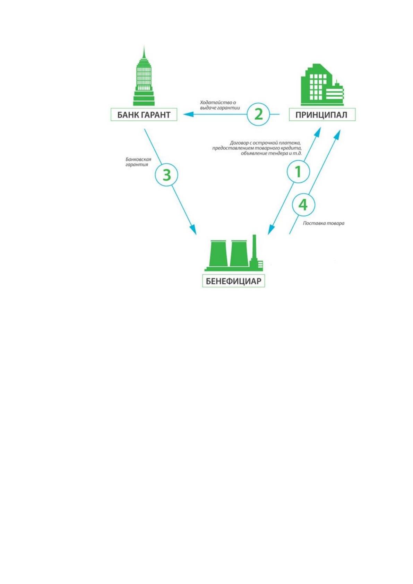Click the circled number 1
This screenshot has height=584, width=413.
[x=298, y=172]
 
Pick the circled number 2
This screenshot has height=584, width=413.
[x=258, y=114]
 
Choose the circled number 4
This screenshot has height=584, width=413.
[x=303, y=205]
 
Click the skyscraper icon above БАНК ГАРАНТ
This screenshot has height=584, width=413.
[x=144, y=76]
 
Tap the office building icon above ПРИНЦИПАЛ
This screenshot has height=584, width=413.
[x=322, y=85]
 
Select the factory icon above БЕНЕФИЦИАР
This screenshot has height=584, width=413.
[x=234, y=253]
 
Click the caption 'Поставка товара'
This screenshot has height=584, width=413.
[x=324, y=223]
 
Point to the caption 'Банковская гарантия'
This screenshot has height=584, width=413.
[x=138, y=162]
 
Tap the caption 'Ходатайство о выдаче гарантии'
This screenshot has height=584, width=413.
[x=220, y=105]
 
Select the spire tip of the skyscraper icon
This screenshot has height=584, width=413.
[x=144, y=46]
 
